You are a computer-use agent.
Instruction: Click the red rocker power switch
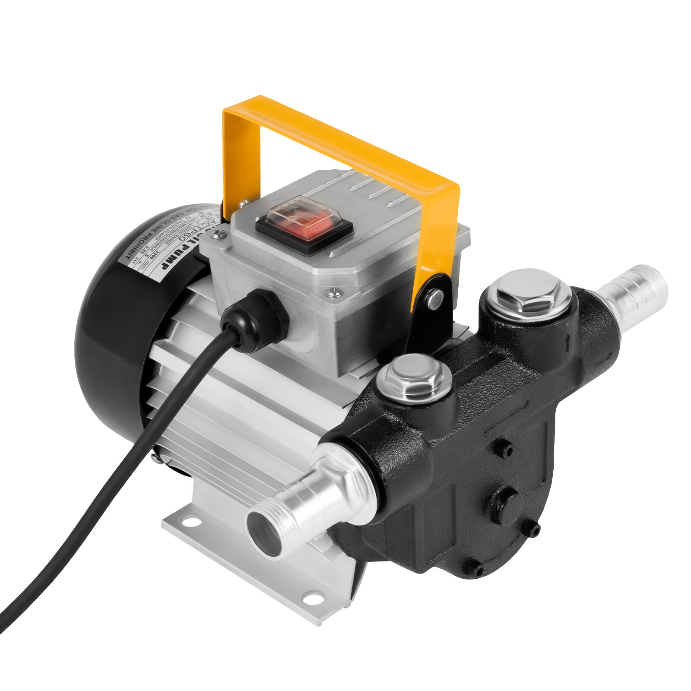click(x=305, y=227)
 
